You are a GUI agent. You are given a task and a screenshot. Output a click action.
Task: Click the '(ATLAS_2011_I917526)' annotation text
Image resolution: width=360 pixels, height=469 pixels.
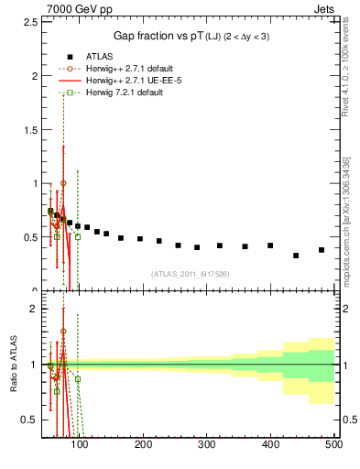tap(190, 274)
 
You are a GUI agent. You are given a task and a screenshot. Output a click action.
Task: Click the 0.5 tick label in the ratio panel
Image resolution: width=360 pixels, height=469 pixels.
tap(33, 420)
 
